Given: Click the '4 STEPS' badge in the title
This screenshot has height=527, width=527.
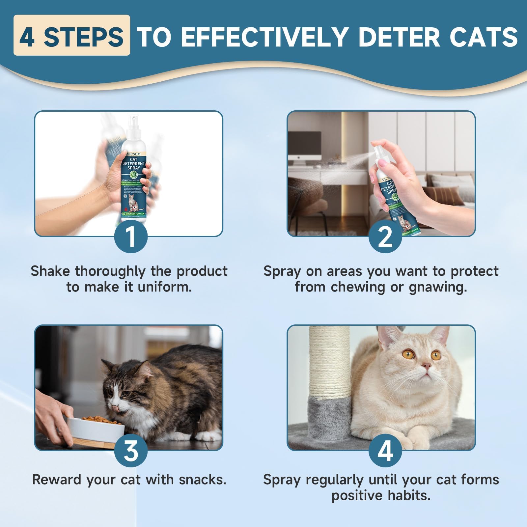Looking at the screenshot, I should [71, 36].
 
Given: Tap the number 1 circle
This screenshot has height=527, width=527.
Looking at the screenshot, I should [131, 237].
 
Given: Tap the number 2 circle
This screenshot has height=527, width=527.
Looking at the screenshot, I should [385, 237].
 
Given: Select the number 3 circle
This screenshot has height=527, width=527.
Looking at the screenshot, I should [131, 451].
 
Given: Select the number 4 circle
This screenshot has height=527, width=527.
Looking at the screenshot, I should [385, 451].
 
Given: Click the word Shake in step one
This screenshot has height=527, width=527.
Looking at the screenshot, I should [50, 271].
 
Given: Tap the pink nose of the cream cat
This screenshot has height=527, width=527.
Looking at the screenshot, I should [427, 366].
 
